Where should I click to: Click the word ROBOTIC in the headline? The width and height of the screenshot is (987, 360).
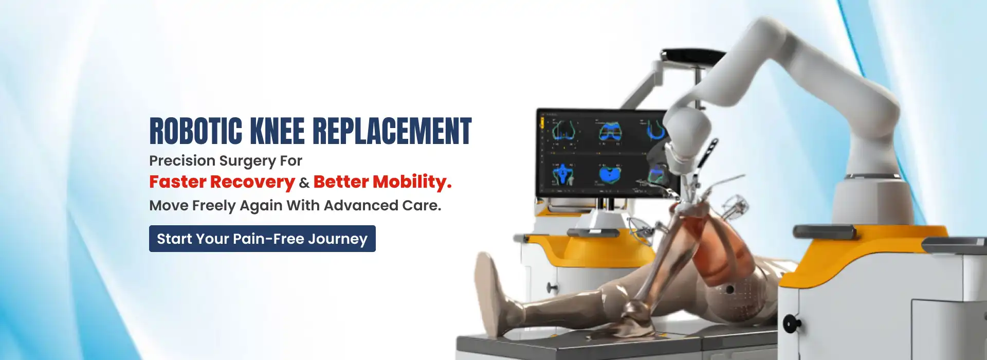click(x=196, y=131)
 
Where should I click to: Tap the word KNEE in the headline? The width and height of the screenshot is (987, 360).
click(x=277, y=131)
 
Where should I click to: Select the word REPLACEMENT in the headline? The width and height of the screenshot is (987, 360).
click(x=392, y=131)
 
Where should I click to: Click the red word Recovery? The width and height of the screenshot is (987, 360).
click(x=252, y=182)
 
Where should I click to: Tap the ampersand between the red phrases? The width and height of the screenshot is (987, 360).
click(x=304, y=183)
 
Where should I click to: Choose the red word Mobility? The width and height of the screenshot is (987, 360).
click(x=412, y=182)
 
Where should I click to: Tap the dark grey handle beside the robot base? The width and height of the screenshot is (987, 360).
click(x=822, y=231)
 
